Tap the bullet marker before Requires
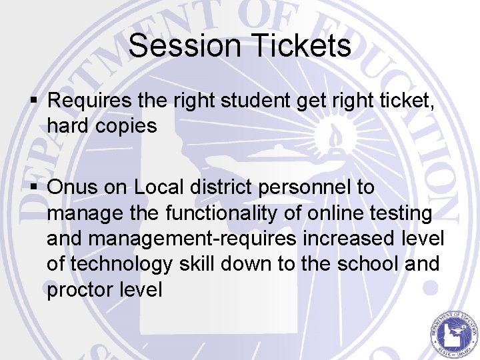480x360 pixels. point(38,101)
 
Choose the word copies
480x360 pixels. point(130,126)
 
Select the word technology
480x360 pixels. point(123,265)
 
